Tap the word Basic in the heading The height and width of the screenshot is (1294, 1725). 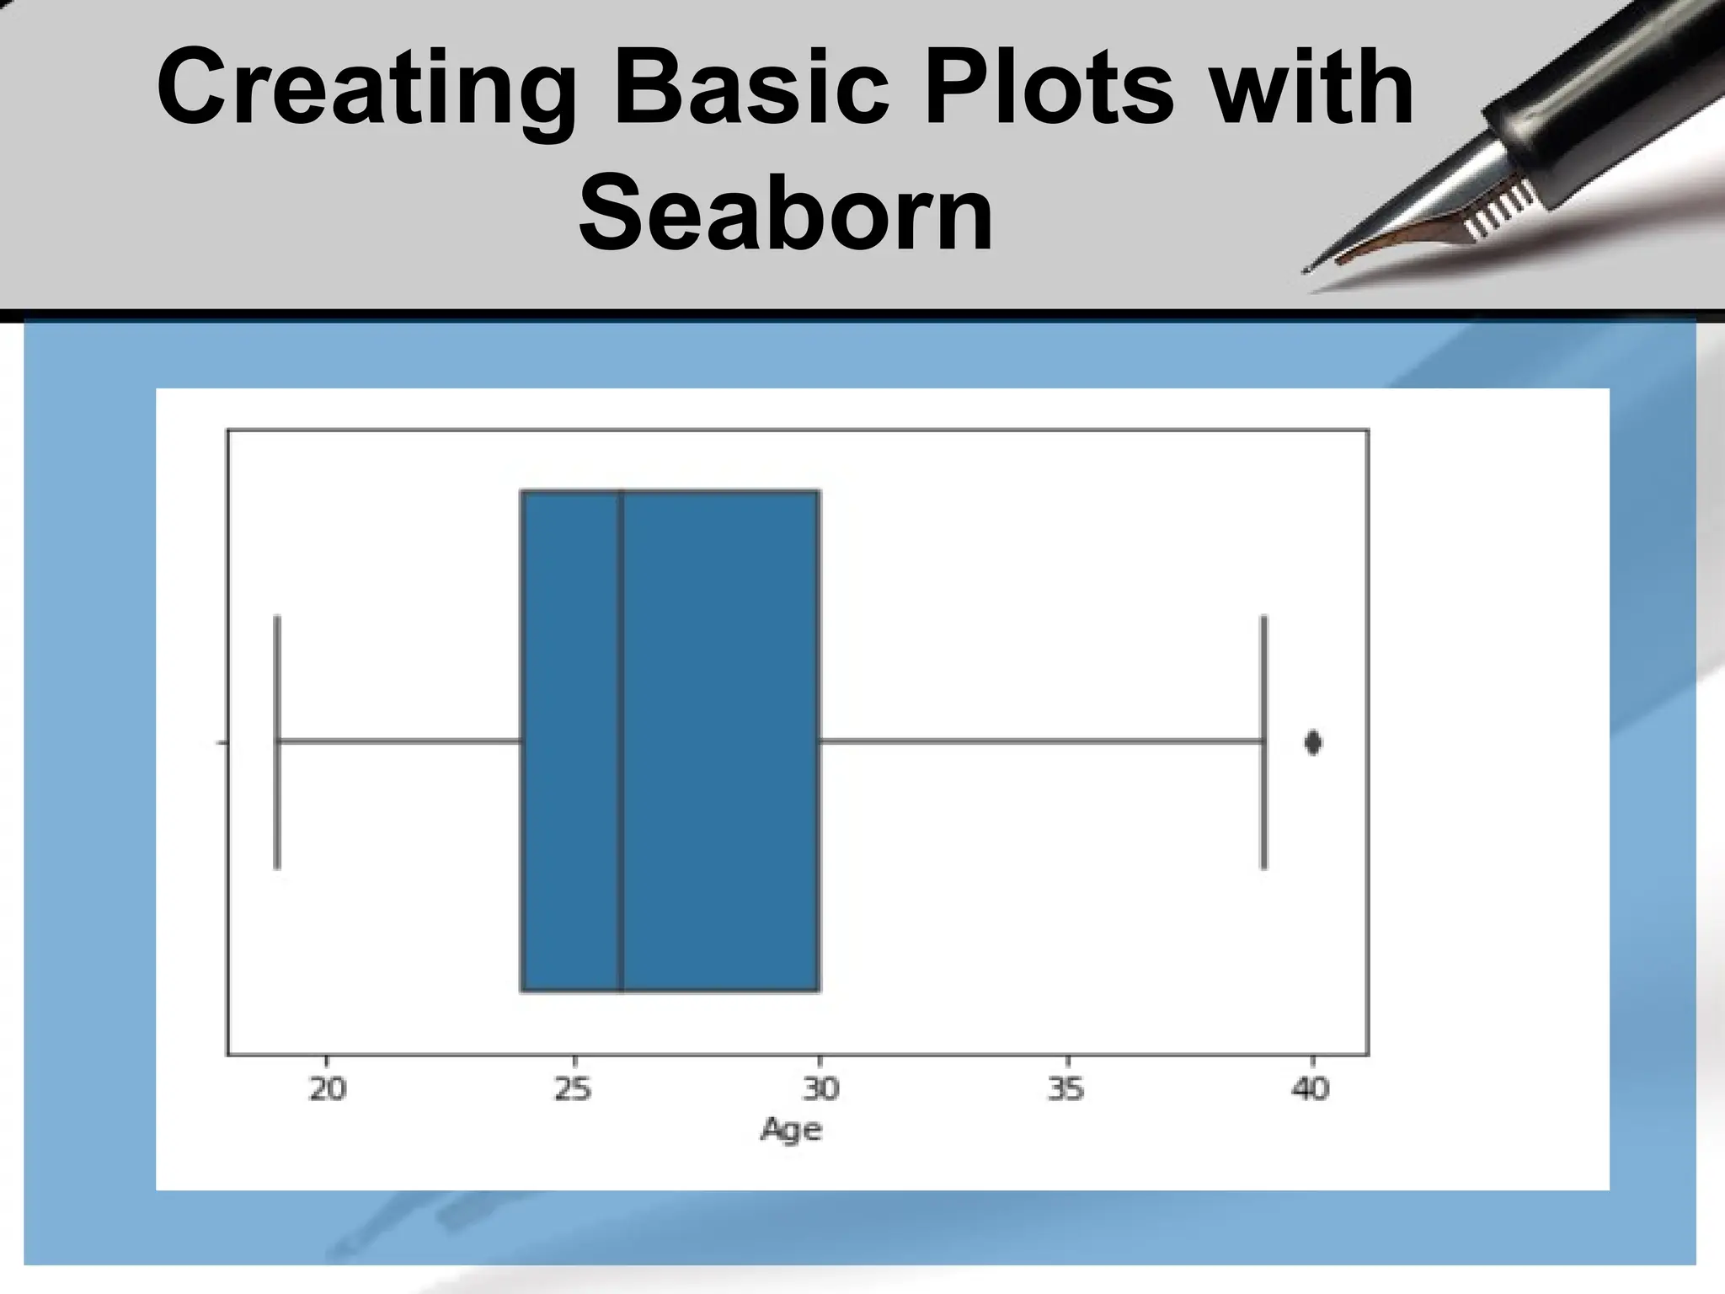[751, 87]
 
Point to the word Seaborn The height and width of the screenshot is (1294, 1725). [785, 212]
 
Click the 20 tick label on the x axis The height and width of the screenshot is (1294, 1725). [328, 1089]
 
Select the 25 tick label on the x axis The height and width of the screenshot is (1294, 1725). [573, 1089]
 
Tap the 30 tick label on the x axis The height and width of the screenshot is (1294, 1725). [820, 1089]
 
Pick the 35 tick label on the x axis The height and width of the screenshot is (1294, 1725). [1065, 1089]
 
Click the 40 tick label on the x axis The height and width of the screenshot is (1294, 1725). [1311, 1089]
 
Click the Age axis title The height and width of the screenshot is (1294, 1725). [790, 1130]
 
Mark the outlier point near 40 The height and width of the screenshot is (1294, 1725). [1312, 742]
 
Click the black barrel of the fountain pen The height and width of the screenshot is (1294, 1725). [1600, 101]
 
